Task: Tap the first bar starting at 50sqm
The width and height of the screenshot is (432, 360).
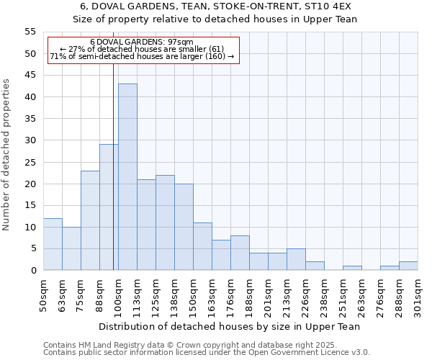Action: coord(53,244)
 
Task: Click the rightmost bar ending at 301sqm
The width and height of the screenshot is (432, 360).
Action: coord(408,266)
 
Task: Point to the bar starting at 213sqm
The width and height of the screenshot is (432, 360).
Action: coord(296,259)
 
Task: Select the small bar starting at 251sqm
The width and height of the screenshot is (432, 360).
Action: coord(352,268)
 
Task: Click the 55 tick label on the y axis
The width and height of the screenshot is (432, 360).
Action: coord(30,32)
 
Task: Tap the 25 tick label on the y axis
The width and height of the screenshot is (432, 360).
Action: coord(30,162)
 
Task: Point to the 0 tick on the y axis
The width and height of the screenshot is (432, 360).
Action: coord(32,271)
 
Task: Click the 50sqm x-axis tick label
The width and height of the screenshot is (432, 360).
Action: coord(43,295)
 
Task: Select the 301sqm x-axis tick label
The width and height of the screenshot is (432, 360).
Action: coord(418,295)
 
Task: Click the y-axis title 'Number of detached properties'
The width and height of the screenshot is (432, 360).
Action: coord(6,155)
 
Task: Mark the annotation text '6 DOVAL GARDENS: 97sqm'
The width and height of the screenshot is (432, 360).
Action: coord(142,42)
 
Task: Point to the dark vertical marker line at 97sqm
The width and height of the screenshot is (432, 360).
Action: coord(113,180)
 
